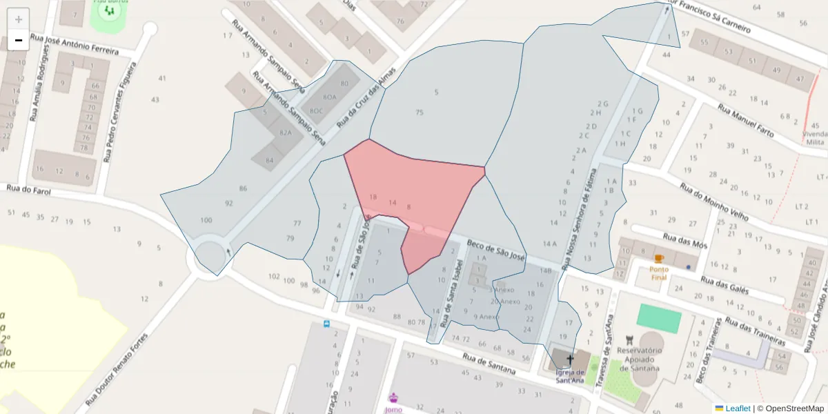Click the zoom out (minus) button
19,40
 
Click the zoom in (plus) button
19,19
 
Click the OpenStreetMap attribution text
794,408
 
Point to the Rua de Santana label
489,364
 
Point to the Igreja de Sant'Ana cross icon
570,359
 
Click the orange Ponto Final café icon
659,259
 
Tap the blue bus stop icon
326,323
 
